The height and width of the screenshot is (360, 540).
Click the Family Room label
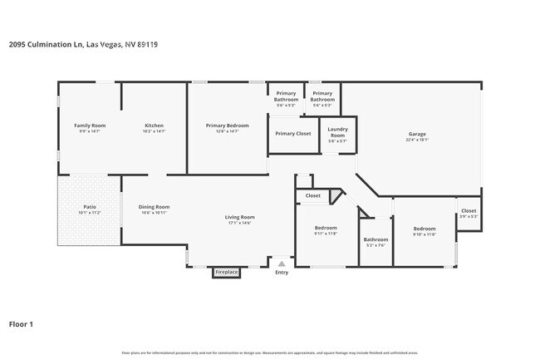pyautogui.click(x=90, y=125)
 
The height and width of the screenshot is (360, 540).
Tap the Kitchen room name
pyautogui.click(x=154, y=125)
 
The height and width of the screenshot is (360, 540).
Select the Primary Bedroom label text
pyautogui.click(x=228, y=125)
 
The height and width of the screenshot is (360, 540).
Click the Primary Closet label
pyautogui.click(x=293, y=133)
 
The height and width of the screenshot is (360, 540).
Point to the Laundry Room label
pyautogui.click(x=337, y=131)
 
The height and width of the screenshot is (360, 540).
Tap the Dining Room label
pyautogui.click(x=154, y=206)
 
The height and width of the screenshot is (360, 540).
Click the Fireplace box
pyautogui.click(x=227, y=272)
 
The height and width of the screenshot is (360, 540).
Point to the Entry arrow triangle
pyautogui.click(x=281, y=264)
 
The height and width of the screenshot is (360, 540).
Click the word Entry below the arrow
pyautogui.click(x=282, y=272)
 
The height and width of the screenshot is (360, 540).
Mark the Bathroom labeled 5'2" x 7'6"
pyautogui.click(x=376, y=240)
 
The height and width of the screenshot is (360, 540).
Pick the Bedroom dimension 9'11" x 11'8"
pyautogui.click(x=326, y=234)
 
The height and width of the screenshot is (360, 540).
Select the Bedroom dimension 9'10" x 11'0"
pyautogui.click(x=425, y=234)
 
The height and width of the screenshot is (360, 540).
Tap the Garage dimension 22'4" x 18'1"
pyautogui.click(x=417, y=140)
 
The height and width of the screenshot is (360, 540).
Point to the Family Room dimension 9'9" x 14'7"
pyautogui.click(x=90, y=131)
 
